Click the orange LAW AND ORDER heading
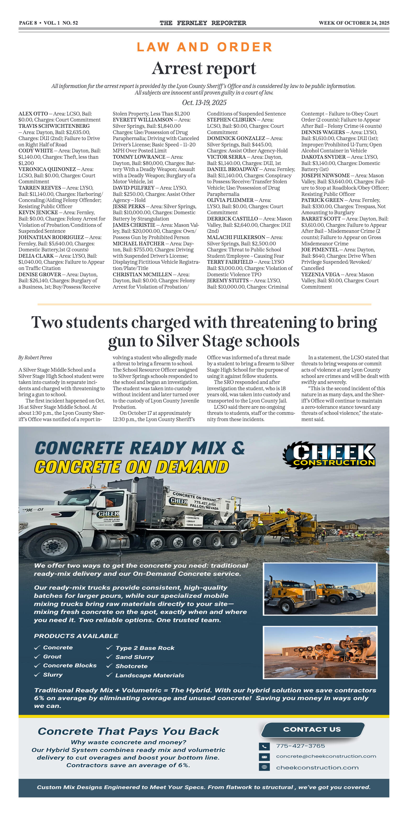coord(204,47)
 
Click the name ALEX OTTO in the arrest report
coord(33,114)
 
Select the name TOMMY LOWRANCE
coord(139,157)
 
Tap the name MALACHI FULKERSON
coord(236,237)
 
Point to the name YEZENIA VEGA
coord(321,274)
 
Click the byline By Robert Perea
coord(35,358)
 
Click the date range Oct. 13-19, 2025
coord(204,103)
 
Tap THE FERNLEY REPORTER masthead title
coord(203,23)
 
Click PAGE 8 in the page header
coord(28,23)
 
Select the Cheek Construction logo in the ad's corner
coord(329,455)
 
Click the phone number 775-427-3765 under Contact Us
coord(300,746)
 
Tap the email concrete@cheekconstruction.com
coord(326,757)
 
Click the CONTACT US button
coord(312,729)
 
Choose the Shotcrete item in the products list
coord(131,666)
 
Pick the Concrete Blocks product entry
coord(70,665)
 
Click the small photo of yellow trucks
coord(320,589)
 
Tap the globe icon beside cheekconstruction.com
coord(264,767)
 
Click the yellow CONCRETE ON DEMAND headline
coord(131,467)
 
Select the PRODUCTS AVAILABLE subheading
coord(76,636)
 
